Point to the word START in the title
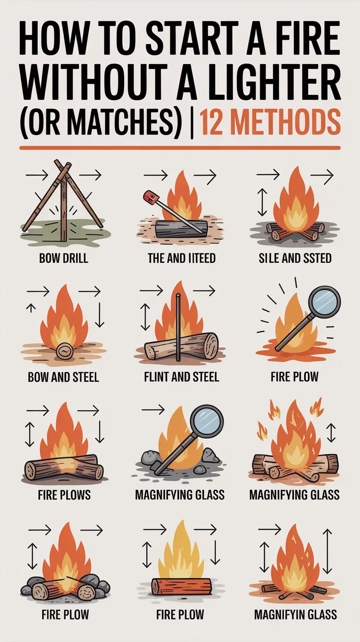pos(189,43)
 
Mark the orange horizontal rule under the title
pos(180,147)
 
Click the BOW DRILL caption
pos(64,258)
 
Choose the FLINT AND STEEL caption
pos(181,376)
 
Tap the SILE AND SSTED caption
pos(295,258)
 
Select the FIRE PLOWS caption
pos(64,495)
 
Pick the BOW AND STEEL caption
pos(64,376)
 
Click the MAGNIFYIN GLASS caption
pos(295,615)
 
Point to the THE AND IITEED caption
pos(181,258)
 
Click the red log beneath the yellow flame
pos(181,586)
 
